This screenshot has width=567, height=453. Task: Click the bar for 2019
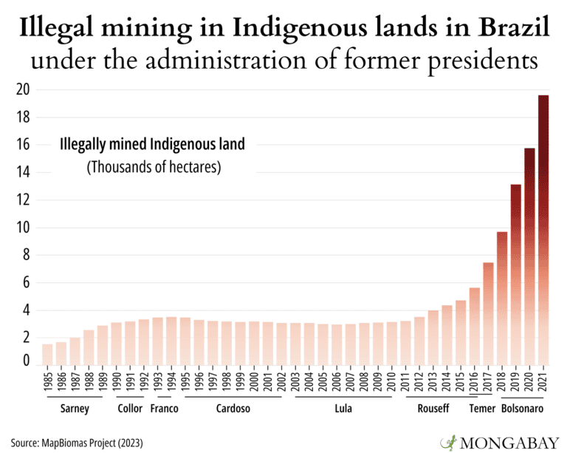pos(516,273)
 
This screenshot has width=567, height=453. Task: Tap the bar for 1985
pos(47,354)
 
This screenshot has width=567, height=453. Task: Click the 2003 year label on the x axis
pos(296,382)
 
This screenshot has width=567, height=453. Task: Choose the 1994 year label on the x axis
pos(171,382)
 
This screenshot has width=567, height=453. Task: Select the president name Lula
pos(343,409)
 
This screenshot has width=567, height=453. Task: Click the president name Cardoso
pos(233,409)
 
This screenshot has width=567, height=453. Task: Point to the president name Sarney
pos(75,409)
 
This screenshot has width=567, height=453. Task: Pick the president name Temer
pos(483,409)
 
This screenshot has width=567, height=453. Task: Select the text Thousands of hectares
pos(154,167)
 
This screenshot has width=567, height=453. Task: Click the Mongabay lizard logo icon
pos(448,442)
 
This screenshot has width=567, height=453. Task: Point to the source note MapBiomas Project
pos(77,443)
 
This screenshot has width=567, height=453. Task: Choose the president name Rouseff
pos(433,409)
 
